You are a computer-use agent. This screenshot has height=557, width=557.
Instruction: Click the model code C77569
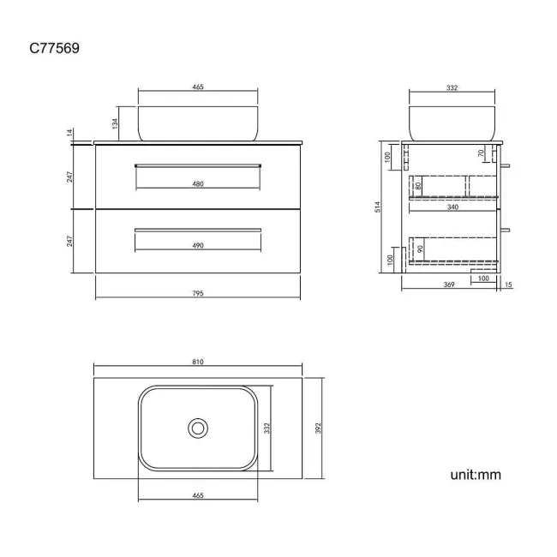click(x=55, y=49)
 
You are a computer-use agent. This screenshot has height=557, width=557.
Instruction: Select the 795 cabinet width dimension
click(x=198, y=293)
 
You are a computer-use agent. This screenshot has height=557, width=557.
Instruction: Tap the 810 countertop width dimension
click(x=198, y=362)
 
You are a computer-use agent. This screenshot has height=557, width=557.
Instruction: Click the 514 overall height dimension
click(x=379, y=208)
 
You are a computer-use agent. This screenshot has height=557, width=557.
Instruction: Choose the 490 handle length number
click(x=198, y=245)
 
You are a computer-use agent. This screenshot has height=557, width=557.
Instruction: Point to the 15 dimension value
click(x=508, y=285)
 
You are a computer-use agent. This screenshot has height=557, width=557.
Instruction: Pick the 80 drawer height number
click(x=418, y=185)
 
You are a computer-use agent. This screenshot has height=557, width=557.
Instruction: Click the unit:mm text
click(x=475, y=474)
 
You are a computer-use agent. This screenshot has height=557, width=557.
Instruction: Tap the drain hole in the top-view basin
click(x=198, y=428)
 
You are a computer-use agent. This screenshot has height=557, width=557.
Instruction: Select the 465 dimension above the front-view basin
click(x=198, y=87)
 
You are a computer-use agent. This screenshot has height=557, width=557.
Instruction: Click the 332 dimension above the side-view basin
click(x=453, y=87)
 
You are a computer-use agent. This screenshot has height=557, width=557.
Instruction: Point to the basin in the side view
click(x=453, y=122)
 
